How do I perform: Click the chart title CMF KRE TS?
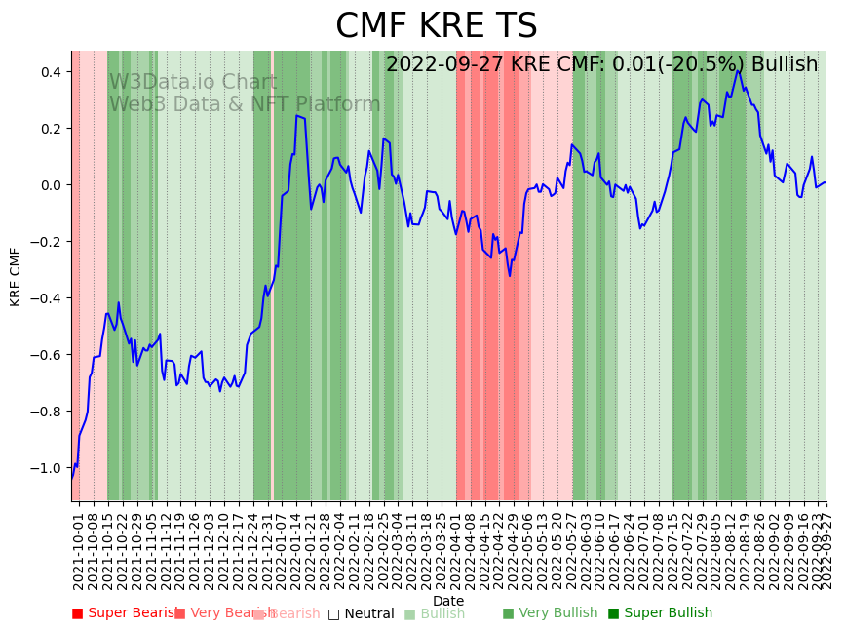point(436,26)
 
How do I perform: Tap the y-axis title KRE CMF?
point(16,276)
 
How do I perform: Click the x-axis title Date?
point(448,601)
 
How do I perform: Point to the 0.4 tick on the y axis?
point(50,72)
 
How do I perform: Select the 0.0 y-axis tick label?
point(50,185)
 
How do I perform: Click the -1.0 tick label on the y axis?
point(47,468)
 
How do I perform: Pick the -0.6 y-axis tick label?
point(47,355)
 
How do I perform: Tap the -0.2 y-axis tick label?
point(47,242)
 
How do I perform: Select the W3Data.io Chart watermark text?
point(193,82)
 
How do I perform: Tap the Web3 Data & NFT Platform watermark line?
point(245,104)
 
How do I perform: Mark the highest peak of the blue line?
point(738,70)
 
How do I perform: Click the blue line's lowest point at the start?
point(72,478)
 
